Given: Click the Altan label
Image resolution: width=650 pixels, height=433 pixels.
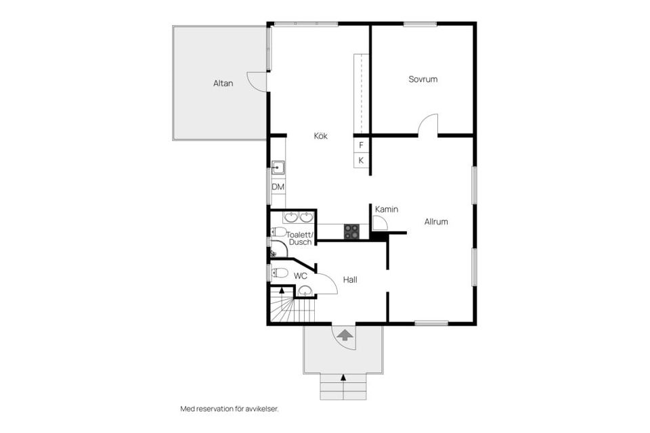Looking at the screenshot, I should tap(223, 84).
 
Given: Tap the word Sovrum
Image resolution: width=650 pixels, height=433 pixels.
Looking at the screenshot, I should tap(422, 79).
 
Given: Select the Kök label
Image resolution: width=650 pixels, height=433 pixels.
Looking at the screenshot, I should tap(320, 136).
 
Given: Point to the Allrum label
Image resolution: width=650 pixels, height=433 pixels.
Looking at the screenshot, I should tap(436, 221).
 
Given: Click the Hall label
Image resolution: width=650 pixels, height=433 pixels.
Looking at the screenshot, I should tap(350, 279).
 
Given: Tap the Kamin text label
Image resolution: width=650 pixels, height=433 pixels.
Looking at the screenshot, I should tap(386, 210).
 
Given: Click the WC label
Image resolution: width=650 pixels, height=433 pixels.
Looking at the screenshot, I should tap(301, 276).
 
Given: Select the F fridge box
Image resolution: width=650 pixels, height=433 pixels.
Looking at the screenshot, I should tap(361, 145).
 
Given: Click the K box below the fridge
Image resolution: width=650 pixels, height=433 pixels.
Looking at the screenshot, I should tap(361, 160).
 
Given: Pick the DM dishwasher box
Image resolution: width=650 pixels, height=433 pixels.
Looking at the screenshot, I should tap(278, 187).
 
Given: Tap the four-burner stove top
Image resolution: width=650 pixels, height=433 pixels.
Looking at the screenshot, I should tap(351, 231).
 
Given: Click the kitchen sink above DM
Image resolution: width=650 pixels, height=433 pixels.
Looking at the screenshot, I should tap(278, 168).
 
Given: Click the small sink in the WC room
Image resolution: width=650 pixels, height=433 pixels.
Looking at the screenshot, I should tap(305, 292).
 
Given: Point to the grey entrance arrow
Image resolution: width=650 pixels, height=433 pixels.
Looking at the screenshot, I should tap(345, 334).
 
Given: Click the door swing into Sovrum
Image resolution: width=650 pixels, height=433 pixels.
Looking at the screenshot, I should tap(428, 126).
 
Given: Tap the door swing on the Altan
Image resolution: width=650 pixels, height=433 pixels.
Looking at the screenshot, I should tap(257, 81).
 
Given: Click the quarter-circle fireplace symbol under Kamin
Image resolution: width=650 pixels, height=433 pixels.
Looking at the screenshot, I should tap(379, 224).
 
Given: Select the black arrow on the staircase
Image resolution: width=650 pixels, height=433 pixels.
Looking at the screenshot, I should tap(282, 290).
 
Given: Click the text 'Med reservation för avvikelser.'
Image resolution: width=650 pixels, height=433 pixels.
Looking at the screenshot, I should tap(230, 409).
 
